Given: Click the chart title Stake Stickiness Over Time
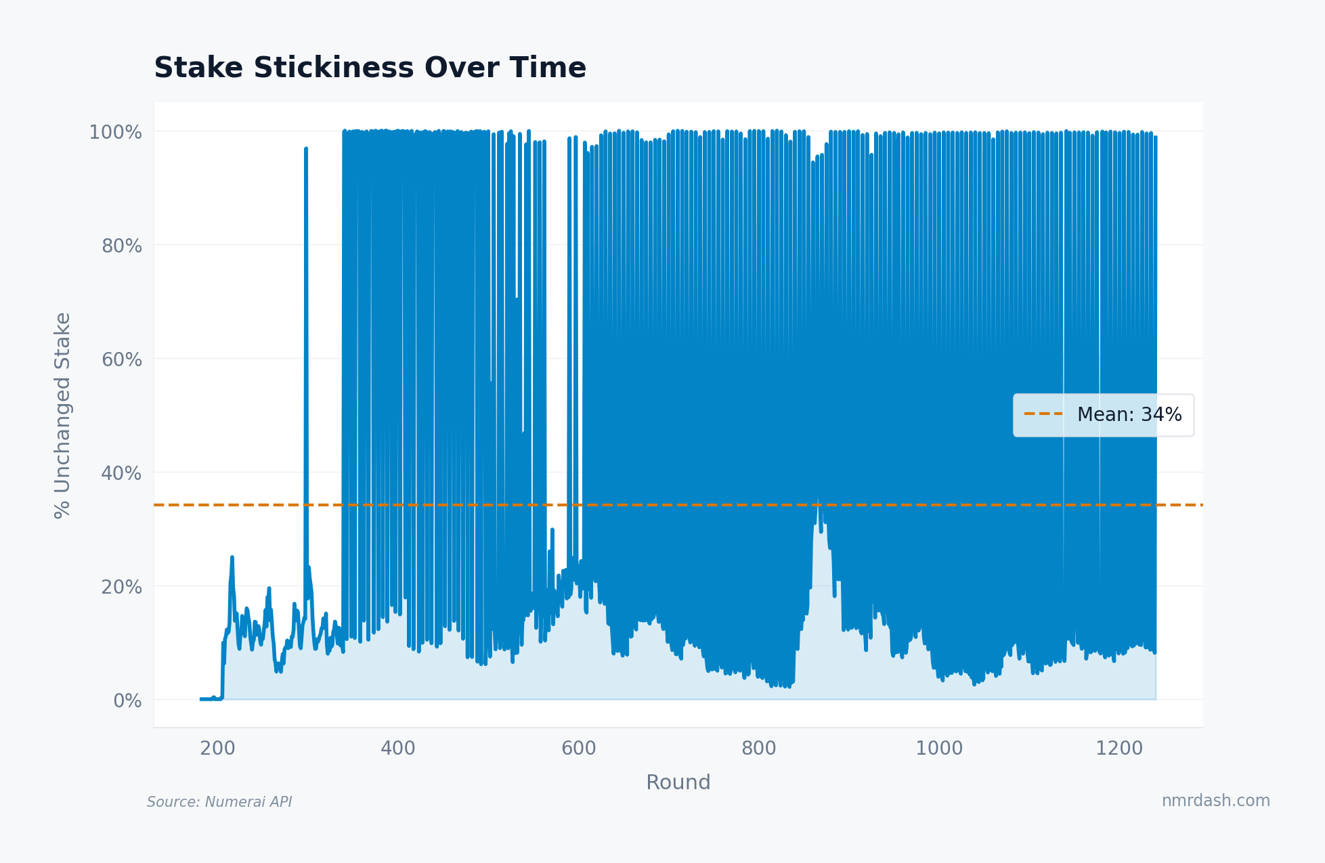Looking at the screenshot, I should [x=370, y=68].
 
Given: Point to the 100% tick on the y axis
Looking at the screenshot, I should [x=115, y=132].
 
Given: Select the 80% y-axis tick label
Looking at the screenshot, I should [x=121, y=246].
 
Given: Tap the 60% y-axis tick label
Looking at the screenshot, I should [x=121, y=359].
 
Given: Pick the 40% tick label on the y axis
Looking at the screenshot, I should [x=121, y=473].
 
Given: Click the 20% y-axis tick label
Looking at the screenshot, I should [x=121, y=587].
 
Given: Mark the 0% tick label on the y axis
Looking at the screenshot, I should [x=127, y=701].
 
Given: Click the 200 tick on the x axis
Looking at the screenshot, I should [x=217, y=749].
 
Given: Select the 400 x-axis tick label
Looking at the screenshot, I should [x=397, y=749].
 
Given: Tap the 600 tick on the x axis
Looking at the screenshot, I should [x=578, y=749].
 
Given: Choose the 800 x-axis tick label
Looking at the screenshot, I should [x=758, y=749].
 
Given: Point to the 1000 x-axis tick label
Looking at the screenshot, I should [x=939, y=749].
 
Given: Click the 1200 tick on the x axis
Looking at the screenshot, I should [x=1119, y=749].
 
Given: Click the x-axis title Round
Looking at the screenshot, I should [x=678, y=782].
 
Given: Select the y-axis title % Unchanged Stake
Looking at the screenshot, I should [x=62, y=416].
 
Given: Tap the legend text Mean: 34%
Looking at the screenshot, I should [x=1129, y=415].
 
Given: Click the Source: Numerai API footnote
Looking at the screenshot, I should [x=219, y=802].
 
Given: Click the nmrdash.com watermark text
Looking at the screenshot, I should [x=1215, y=801].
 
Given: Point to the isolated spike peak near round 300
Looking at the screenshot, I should [x=306, y=148].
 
